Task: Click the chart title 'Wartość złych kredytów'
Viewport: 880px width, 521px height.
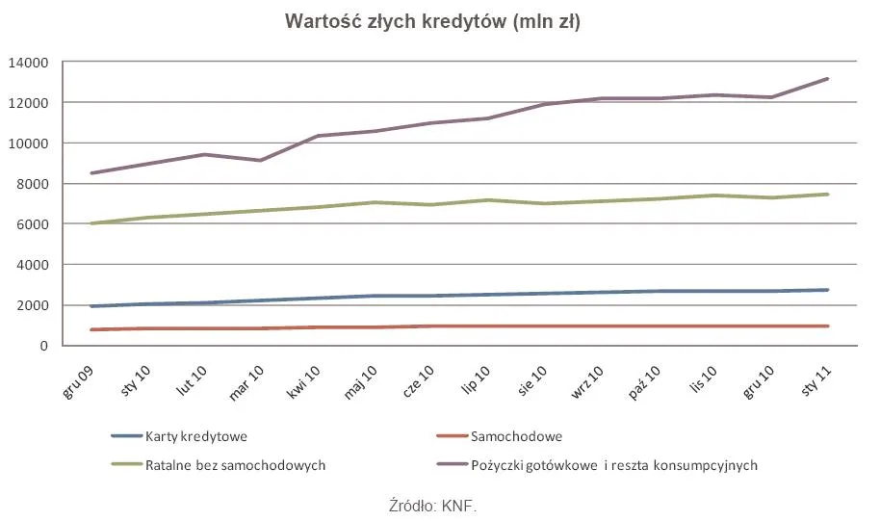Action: click(432, 22)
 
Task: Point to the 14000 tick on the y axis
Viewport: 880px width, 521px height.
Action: click(28, 63)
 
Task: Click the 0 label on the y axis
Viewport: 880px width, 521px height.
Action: click(43, 346)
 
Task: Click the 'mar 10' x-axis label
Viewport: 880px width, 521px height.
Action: click(247, 374)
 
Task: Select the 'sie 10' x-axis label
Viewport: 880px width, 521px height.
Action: click(531, 374)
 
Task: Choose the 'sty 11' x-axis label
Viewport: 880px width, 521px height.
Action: click(815, 374)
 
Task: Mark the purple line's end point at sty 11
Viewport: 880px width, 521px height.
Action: click(828, 79)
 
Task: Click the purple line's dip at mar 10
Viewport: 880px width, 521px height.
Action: click(260, 160)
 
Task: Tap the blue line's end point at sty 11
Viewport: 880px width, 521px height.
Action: click(828, 290)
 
